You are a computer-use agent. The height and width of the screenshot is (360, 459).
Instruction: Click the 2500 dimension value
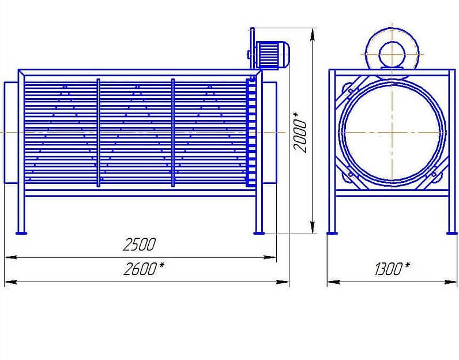tap(139, 244)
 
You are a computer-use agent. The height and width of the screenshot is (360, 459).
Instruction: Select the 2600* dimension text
tap(144, 269)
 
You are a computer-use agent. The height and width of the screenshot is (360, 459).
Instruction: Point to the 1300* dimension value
tap(392, 269)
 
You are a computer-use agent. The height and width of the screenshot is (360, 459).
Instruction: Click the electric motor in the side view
tap(273, 55)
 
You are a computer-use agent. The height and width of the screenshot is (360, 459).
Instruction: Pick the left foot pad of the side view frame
tap(21, 233)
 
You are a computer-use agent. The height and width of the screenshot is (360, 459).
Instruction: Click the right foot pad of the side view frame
tap(259, 233)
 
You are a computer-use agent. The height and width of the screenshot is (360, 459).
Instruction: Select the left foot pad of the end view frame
tap(332, 233)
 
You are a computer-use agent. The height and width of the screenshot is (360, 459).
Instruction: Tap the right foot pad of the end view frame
tap(452, 233)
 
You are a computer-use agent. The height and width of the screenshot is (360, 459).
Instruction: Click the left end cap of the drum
tap(11, 133)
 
